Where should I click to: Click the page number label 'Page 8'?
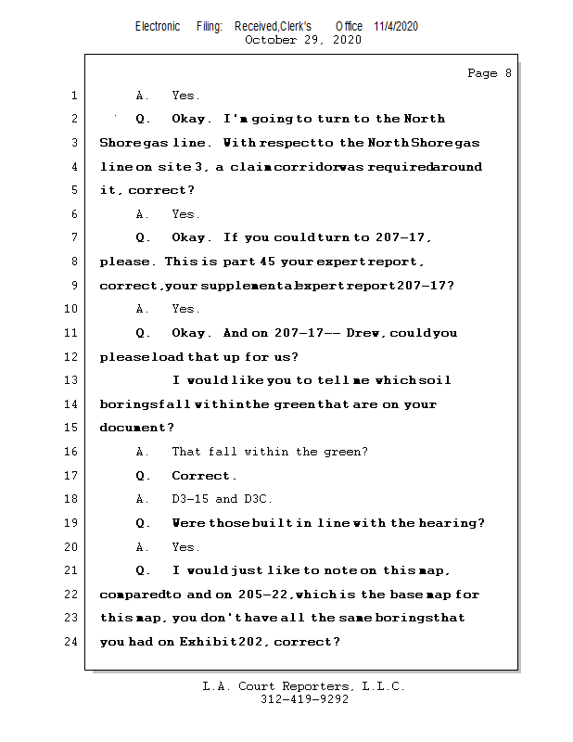[489, 73]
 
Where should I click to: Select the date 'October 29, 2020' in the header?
[303, 40]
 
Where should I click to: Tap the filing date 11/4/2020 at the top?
[396, 26]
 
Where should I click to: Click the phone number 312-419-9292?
[304, 699]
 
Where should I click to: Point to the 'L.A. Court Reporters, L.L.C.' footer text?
[303, 686]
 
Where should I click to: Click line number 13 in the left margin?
[73, 380]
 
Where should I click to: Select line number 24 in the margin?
[73, 642]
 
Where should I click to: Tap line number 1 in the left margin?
[73, 96]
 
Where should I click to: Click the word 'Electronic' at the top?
[158, 26]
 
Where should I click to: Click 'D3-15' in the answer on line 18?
[190, 499]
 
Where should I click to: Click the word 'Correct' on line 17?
[202, 476]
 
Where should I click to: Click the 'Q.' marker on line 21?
[143, 570]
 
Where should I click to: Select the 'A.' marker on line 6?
[142, 214]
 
